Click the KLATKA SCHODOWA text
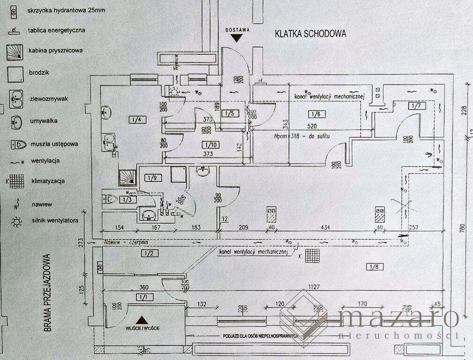(310, 34)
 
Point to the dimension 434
(325, 227)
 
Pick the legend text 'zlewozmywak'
(49, 99)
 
